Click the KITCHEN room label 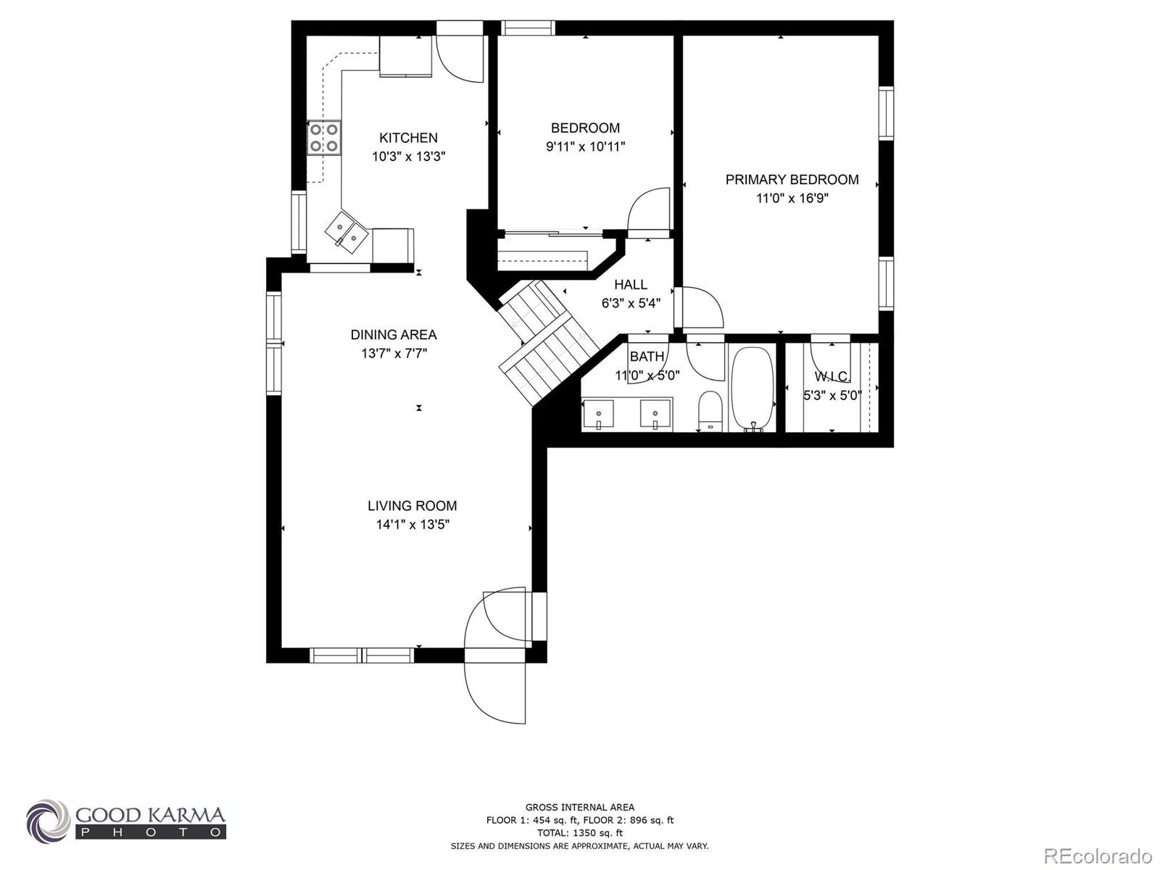point(408,138)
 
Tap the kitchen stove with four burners point(324,138)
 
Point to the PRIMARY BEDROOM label point(792,180)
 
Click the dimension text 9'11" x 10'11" point(585,146)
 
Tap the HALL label point(631,285)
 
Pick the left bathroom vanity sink point(598,414)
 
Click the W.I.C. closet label point(832,376)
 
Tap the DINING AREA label point(394,335)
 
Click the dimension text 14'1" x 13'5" point(413,525)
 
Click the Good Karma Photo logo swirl point(49,822)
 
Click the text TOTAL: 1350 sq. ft point(579,833)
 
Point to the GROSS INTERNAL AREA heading point(579,807)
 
